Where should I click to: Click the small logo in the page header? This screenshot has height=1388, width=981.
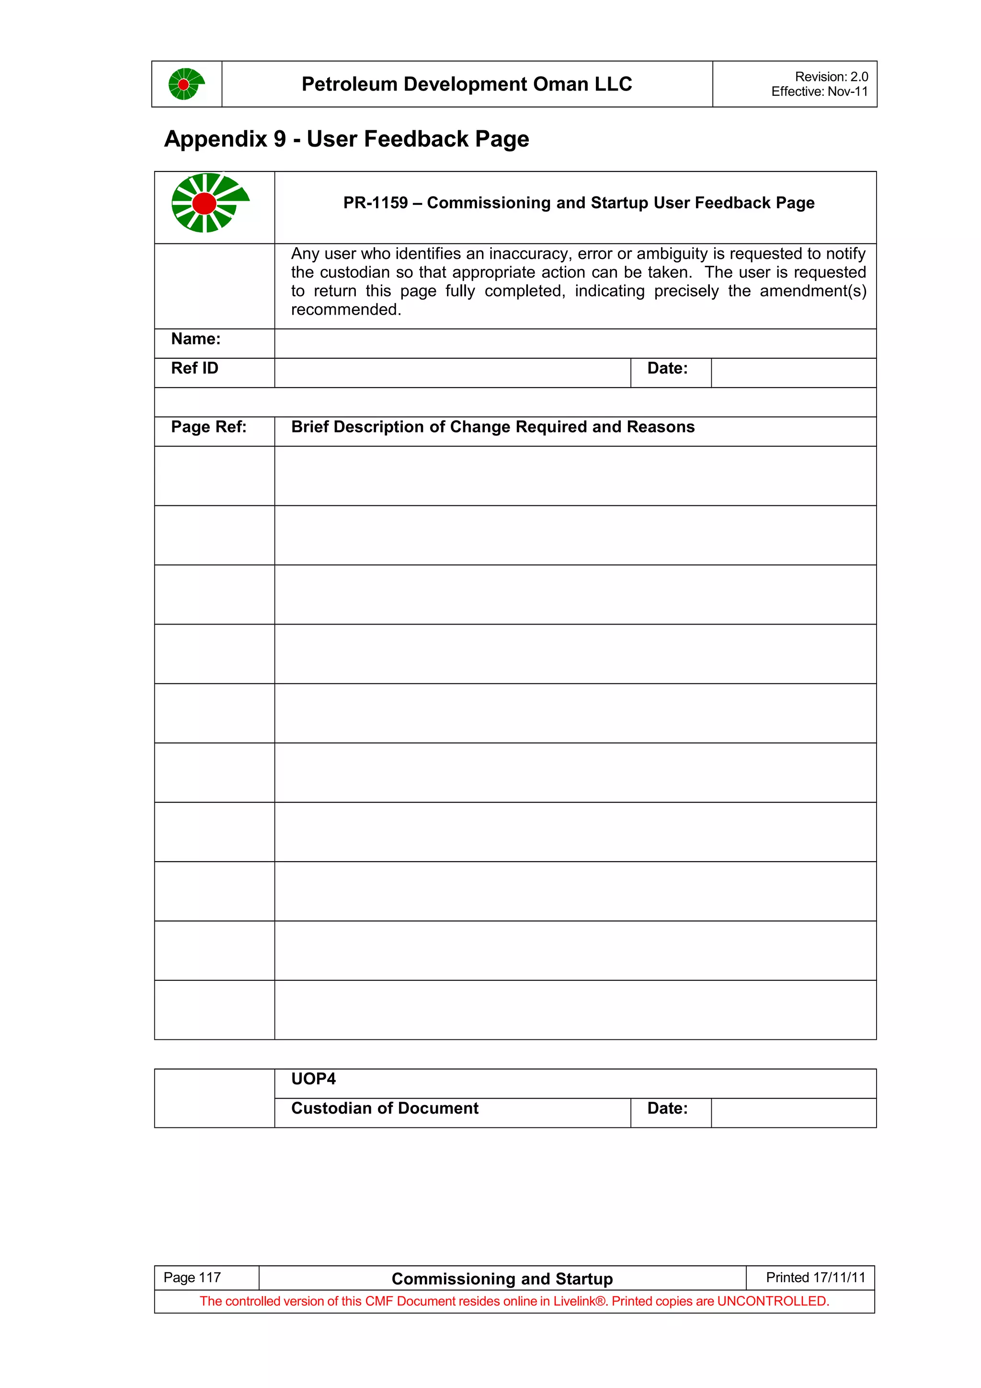[186, 84]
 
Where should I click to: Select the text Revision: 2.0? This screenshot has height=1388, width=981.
[831, 77]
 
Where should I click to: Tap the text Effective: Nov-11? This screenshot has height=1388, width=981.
[819, 91]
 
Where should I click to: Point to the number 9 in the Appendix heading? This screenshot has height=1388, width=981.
[279, 139]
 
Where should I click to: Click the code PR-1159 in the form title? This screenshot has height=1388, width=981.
[376, 203]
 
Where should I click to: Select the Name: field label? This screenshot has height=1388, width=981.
[196, 339]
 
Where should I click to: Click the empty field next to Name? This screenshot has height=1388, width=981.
[575, 343]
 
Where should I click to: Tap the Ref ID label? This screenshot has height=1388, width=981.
[194, 368]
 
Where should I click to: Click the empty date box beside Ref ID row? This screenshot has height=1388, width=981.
[793, 373]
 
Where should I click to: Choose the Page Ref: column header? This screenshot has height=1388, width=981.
[208, 427]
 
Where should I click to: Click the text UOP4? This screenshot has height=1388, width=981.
[313, 1079]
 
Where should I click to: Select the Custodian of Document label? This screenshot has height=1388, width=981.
[385, 1108]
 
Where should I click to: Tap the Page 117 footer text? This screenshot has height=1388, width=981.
[192, 1277]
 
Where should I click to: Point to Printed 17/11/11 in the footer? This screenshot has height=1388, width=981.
[815, 1277]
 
